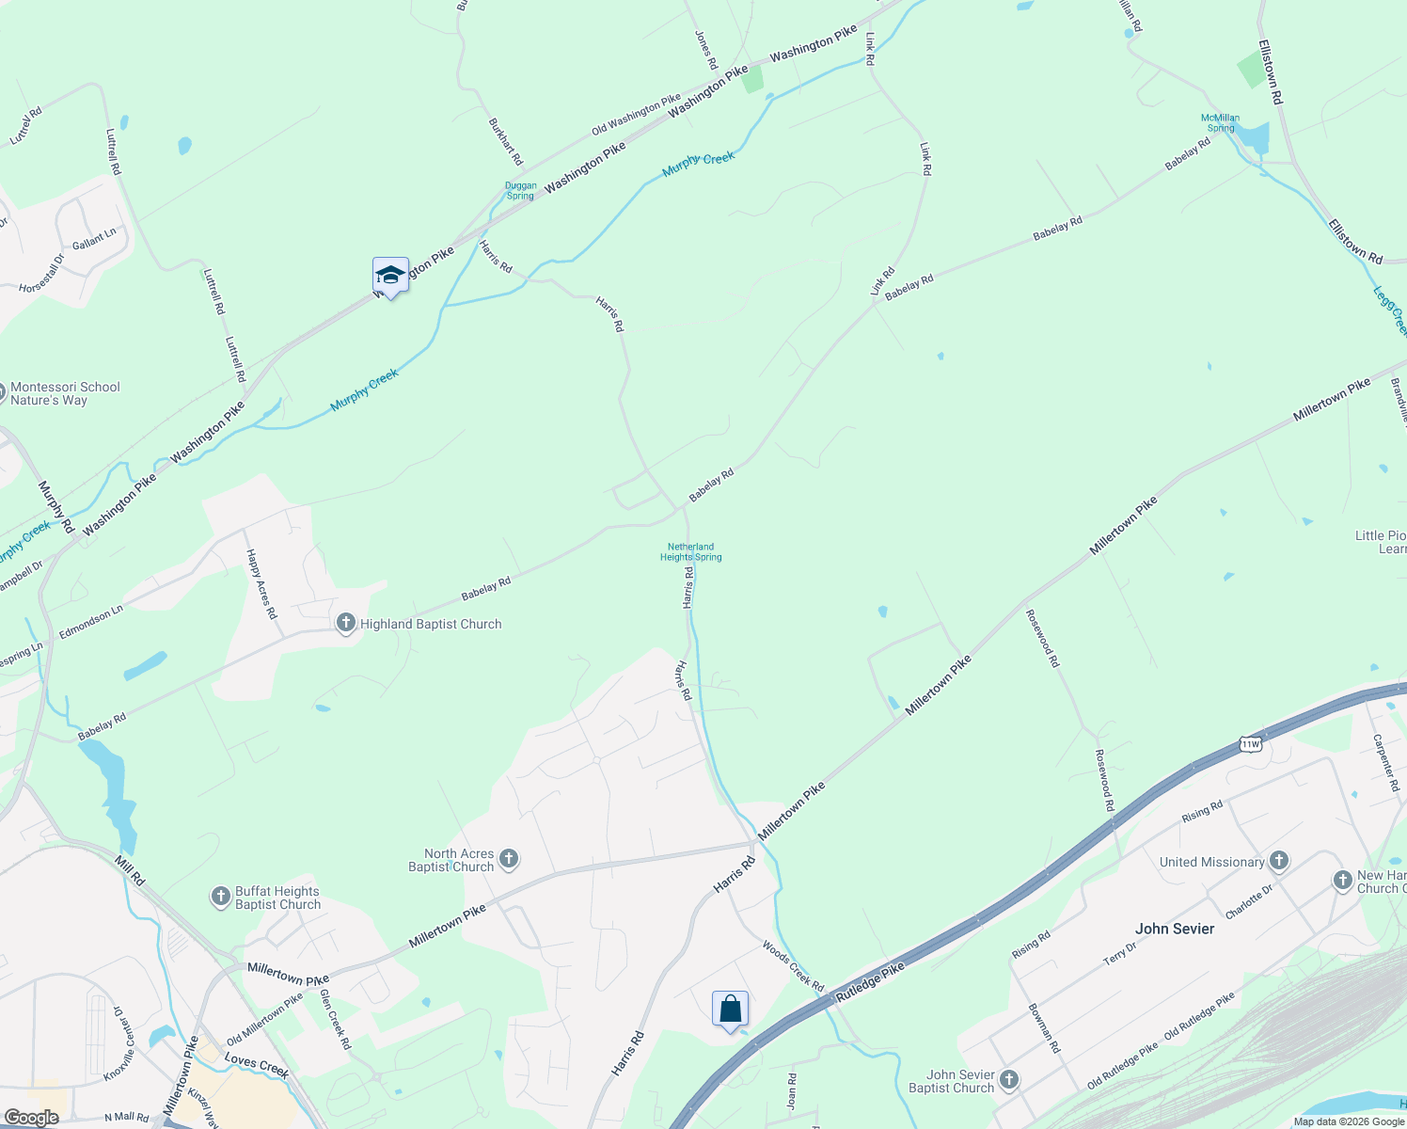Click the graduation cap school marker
[x=390, y=275]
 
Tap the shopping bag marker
[x=730, y=1010]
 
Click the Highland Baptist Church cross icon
[x=346, y=623]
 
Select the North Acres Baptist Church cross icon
[x=509, y=858]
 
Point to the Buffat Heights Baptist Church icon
[x=220, y=897]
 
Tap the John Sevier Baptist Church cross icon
[x=1009, y=1079]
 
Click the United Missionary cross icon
[x=1278, y=860]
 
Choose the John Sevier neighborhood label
[x=1175, y=929]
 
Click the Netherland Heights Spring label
[x=691, y=551]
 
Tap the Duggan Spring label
[x=520, y=191]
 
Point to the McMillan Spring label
[x=1221, y=123]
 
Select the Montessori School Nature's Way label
[x=65, y=393]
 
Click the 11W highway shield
[x=1250, y=744]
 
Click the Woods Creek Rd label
[x=793, y=965]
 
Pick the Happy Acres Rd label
[x=261, y=583]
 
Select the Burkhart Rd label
[x=505, y=141]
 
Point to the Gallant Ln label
[x=94, y=238]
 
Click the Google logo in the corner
[x=32, y=1118]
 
